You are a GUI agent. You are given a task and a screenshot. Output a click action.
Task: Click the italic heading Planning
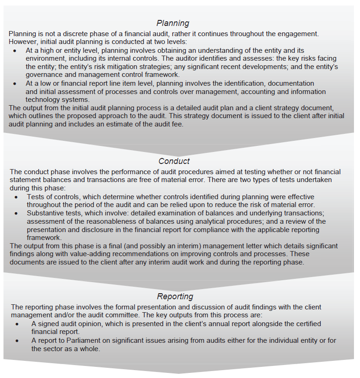tap(172, 23)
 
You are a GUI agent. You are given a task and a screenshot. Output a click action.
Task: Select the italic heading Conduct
tap(174, 162)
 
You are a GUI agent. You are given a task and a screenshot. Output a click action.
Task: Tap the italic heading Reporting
tap(175, 296)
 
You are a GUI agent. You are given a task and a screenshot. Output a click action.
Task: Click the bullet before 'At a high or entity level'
tap(16, 50)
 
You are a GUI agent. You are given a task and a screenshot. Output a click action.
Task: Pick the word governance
tap(44, 75)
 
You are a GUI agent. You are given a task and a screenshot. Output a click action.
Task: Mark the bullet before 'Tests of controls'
tap(16, 197)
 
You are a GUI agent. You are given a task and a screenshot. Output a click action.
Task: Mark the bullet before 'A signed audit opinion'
tap(17, 323)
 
